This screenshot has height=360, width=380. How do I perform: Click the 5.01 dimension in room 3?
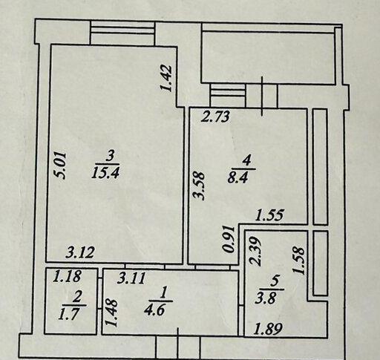tap(61, 166)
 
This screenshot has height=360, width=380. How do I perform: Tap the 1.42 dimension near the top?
tap(166, 78)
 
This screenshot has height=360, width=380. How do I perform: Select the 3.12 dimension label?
tap(80, 252)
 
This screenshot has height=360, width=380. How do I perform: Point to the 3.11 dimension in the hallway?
tap(131, 278)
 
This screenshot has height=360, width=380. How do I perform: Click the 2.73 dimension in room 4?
tap(215, 117)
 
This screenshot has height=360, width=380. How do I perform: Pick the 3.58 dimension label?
tap(200, 186)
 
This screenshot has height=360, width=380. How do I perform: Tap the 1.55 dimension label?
tap(269, 215)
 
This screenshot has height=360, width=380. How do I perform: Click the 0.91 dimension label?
tap(229, 239)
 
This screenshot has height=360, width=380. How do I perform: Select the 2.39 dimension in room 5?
tap(255, 252)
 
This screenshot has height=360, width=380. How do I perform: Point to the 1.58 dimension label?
tap(299, 261)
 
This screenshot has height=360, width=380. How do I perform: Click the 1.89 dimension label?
tap(269, 329)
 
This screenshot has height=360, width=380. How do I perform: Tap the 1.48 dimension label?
tap(111, 313)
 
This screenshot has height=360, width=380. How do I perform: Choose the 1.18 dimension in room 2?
tap(68, 276)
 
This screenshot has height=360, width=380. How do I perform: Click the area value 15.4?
tap(105, 172)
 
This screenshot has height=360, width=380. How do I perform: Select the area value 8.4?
tap(237, 177)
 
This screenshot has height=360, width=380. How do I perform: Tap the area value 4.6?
tap(155, 310)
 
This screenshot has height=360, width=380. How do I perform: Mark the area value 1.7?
tap(69, 314)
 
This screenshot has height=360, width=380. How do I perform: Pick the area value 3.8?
tap(266, 298)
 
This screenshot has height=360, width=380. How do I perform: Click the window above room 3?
tap(122, 33)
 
